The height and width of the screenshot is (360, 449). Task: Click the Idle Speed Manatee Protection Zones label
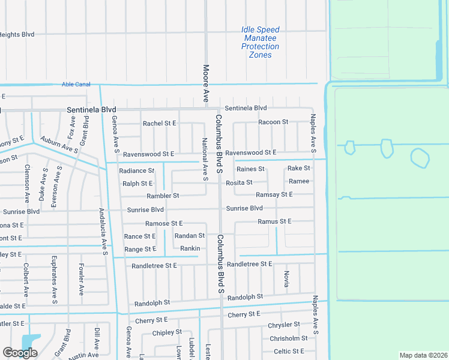261,42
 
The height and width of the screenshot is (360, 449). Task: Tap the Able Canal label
76,85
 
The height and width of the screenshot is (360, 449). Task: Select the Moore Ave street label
205,83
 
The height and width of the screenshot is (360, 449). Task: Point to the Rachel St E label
159,123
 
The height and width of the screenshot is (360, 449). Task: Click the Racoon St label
273,122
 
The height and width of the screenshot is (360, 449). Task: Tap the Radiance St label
137,171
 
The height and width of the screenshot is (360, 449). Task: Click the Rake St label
298,169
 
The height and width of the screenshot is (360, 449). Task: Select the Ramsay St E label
274,194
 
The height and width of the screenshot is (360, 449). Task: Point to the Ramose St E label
164,223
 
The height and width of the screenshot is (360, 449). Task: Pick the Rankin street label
190,248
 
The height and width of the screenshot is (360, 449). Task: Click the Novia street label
286,278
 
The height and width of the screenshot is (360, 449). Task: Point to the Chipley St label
167,332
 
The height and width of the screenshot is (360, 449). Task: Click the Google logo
20,353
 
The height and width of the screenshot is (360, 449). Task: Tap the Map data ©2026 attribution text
423,355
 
